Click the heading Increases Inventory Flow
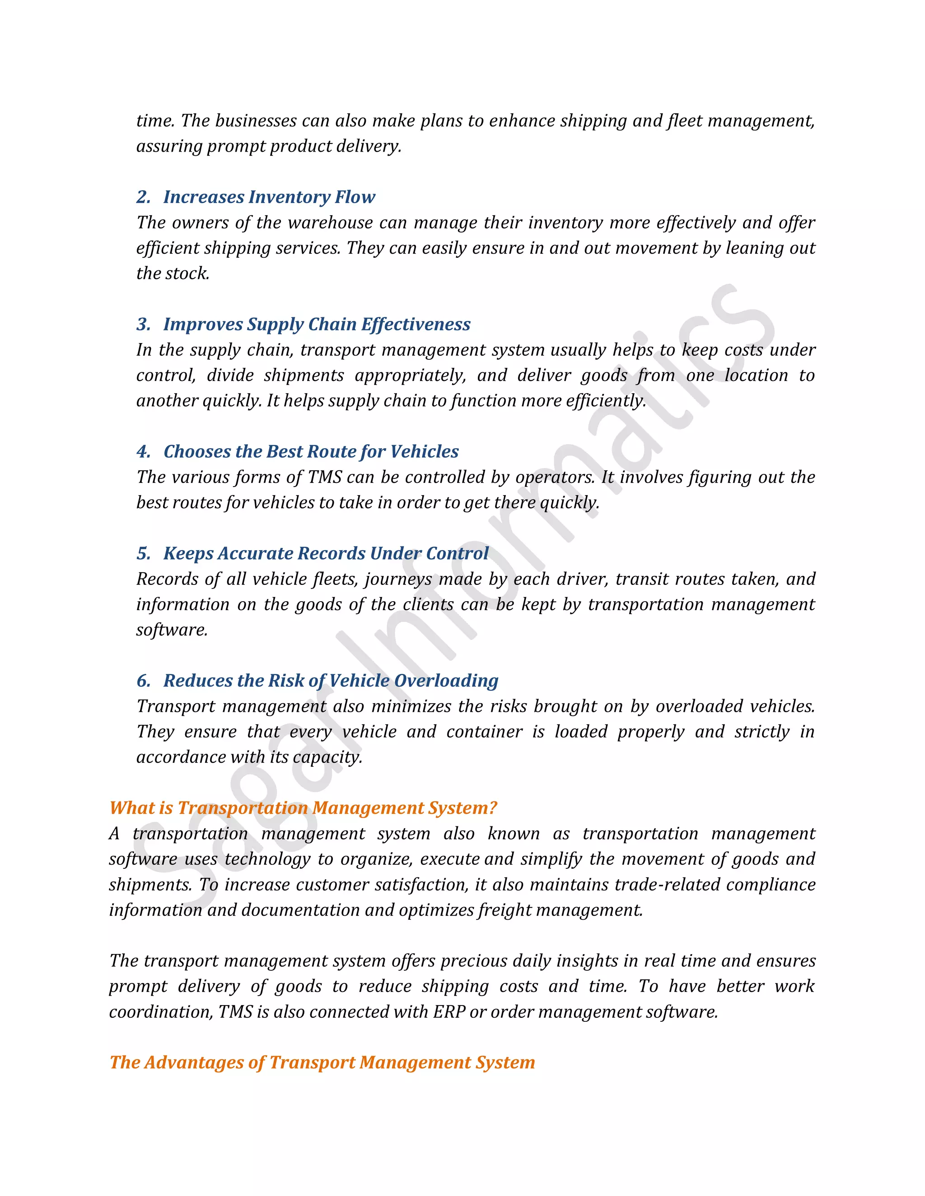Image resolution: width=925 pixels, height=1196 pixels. coord(269,197)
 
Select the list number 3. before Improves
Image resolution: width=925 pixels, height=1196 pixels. coord(144,324)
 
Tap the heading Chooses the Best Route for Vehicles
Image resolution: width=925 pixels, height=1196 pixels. coord(311,452)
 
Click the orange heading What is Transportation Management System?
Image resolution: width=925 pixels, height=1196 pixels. coord(303,808)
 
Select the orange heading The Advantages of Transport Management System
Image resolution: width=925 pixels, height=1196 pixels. coord(322,1062)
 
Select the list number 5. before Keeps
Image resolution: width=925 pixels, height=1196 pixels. coord(144,554)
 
